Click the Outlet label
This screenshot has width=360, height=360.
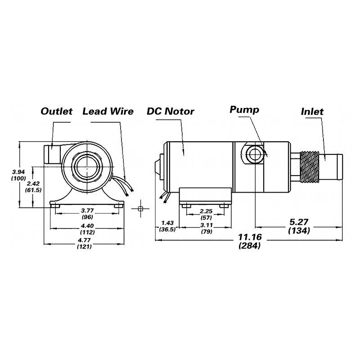[57, 111]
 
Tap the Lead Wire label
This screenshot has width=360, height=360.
[108, 111]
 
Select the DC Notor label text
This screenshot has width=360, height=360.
[171, 111]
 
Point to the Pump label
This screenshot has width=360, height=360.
[244, 110]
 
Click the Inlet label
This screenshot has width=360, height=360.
[312, 112]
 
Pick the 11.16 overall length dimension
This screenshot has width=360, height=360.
[250, 237]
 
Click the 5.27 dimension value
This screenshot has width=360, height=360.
[299, 222]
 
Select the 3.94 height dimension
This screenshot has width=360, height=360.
[18, 172]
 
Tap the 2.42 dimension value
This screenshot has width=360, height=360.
[33, 184]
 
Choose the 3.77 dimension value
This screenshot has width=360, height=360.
[87, 211]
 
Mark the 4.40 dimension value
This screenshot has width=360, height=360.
[87, 226]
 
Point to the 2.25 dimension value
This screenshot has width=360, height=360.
[206, 211]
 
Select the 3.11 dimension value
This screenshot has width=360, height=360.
[207, 225]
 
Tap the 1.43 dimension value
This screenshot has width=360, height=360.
[167, 223]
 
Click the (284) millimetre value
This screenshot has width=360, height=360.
[250, 246]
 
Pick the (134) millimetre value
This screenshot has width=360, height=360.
[299, 230]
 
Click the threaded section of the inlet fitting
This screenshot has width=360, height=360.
[310, 167]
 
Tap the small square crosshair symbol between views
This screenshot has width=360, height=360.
[140, 209]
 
